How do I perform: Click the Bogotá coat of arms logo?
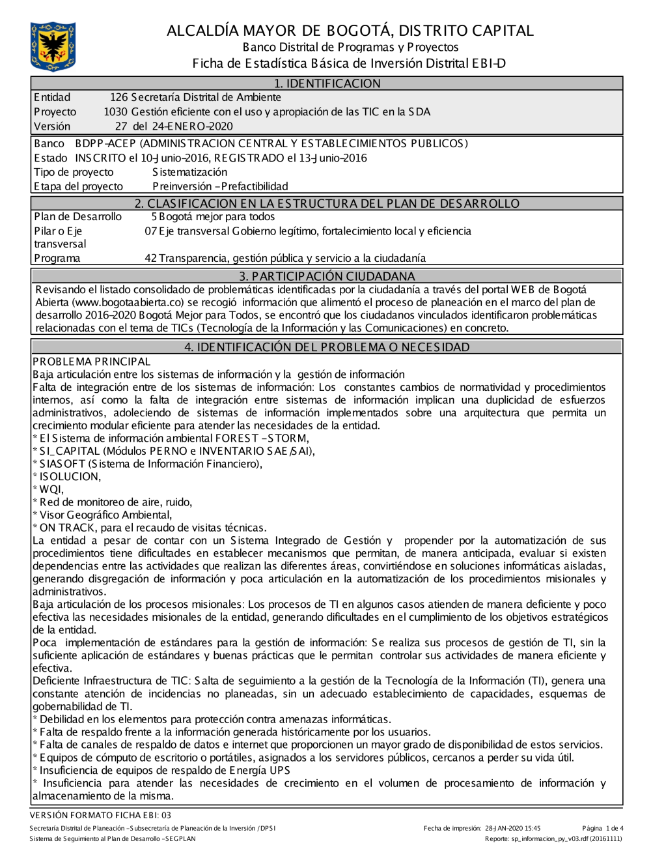coord(53,46)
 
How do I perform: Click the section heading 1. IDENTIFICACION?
coord(326,83)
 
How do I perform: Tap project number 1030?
coord(115,112)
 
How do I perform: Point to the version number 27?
coord(121,126)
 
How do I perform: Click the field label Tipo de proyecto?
coord(74,172)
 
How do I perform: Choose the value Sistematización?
coord(189,172)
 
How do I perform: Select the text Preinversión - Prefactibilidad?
coord(219,186)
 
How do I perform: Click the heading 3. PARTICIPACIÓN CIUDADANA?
coord(326,276)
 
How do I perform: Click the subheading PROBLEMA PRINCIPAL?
coord(91,362)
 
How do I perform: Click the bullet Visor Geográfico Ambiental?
coord(103,515)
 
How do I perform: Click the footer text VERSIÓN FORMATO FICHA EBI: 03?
coord(100,815)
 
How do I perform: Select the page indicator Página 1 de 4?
coord(603,829)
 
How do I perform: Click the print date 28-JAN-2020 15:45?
coord(512,829)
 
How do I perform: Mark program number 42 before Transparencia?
coord(150,258)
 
